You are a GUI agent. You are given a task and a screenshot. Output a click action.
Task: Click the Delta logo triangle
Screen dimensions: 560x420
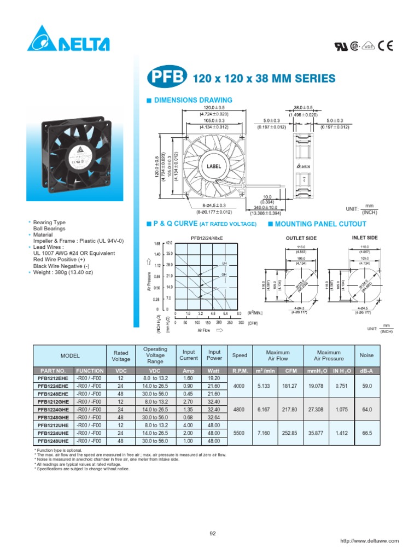pos(40,40)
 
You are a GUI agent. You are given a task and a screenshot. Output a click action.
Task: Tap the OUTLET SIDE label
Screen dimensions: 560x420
pos(301,238)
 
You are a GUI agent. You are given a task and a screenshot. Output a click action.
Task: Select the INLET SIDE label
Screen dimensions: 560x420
pos(365,238)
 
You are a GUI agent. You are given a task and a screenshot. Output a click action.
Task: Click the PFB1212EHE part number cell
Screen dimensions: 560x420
pos(53,378)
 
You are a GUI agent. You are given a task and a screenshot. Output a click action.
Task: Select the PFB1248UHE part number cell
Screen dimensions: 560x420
pos(53,441)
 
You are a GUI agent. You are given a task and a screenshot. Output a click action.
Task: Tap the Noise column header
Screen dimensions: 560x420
pos(366,355)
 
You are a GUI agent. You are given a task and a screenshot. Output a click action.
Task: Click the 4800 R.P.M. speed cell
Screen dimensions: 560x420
pos(240,409)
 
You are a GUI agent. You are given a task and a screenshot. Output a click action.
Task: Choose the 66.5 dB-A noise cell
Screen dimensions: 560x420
pos(366,433)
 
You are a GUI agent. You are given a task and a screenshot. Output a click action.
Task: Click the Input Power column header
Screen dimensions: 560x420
pos(214,355)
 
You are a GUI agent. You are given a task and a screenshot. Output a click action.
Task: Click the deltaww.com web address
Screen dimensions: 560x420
pos(369,541)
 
